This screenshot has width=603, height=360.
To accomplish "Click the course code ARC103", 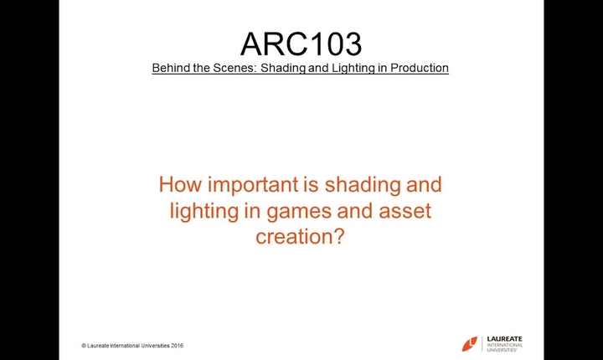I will (x=301, y=44).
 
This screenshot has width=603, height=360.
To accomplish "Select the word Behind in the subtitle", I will (x=170, y=68).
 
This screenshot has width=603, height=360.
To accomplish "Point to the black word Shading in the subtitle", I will (x=281, y=68).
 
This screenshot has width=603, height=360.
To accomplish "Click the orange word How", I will (x=179, y=183).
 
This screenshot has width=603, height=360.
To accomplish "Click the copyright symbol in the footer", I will (x=84, y=346).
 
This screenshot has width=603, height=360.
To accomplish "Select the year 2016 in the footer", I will (x=176, y=346).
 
